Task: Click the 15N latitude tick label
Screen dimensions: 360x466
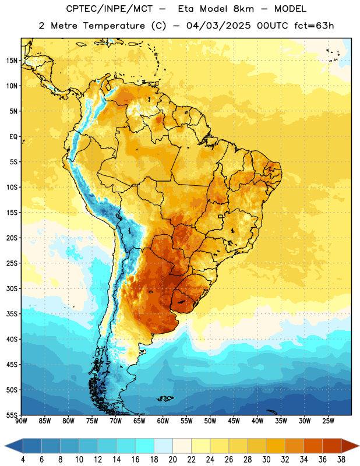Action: click(11, 61)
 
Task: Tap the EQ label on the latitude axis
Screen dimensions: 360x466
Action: click(13, 137)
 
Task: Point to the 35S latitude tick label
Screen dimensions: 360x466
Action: click(11, 314)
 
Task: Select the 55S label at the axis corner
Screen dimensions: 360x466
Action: click(11, 415)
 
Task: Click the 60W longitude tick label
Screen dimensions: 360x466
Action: click(163, 421)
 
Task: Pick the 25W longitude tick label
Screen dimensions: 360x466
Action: click(328, 421)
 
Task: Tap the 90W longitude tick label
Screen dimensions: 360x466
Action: click(22, 421)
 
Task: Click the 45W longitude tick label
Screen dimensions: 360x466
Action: click(234, 421)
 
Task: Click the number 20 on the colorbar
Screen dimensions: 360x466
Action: click(172, 460)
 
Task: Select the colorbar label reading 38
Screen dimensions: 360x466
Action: click(341, 460)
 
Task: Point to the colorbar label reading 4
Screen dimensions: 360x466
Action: click(23, 460)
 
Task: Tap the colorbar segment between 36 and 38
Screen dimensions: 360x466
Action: click(332, 446)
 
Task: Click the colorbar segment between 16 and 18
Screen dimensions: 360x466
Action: click(144, 446)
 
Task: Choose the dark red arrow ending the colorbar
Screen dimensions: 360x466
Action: click(350, 446)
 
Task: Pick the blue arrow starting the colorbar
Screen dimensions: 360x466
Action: click(14, 446)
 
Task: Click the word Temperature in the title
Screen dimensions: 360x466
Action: click(114, 26)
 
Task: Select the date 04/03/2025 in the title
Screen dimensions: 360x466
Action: click(218, 26)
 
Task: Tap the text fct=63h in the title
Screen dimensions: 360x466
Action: click(314, 26)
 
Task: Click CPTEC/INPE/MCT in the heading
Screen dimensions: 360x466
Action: click(109, 9)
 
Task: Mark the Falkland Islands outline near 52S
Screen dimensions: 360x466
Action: click(165, 398)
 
